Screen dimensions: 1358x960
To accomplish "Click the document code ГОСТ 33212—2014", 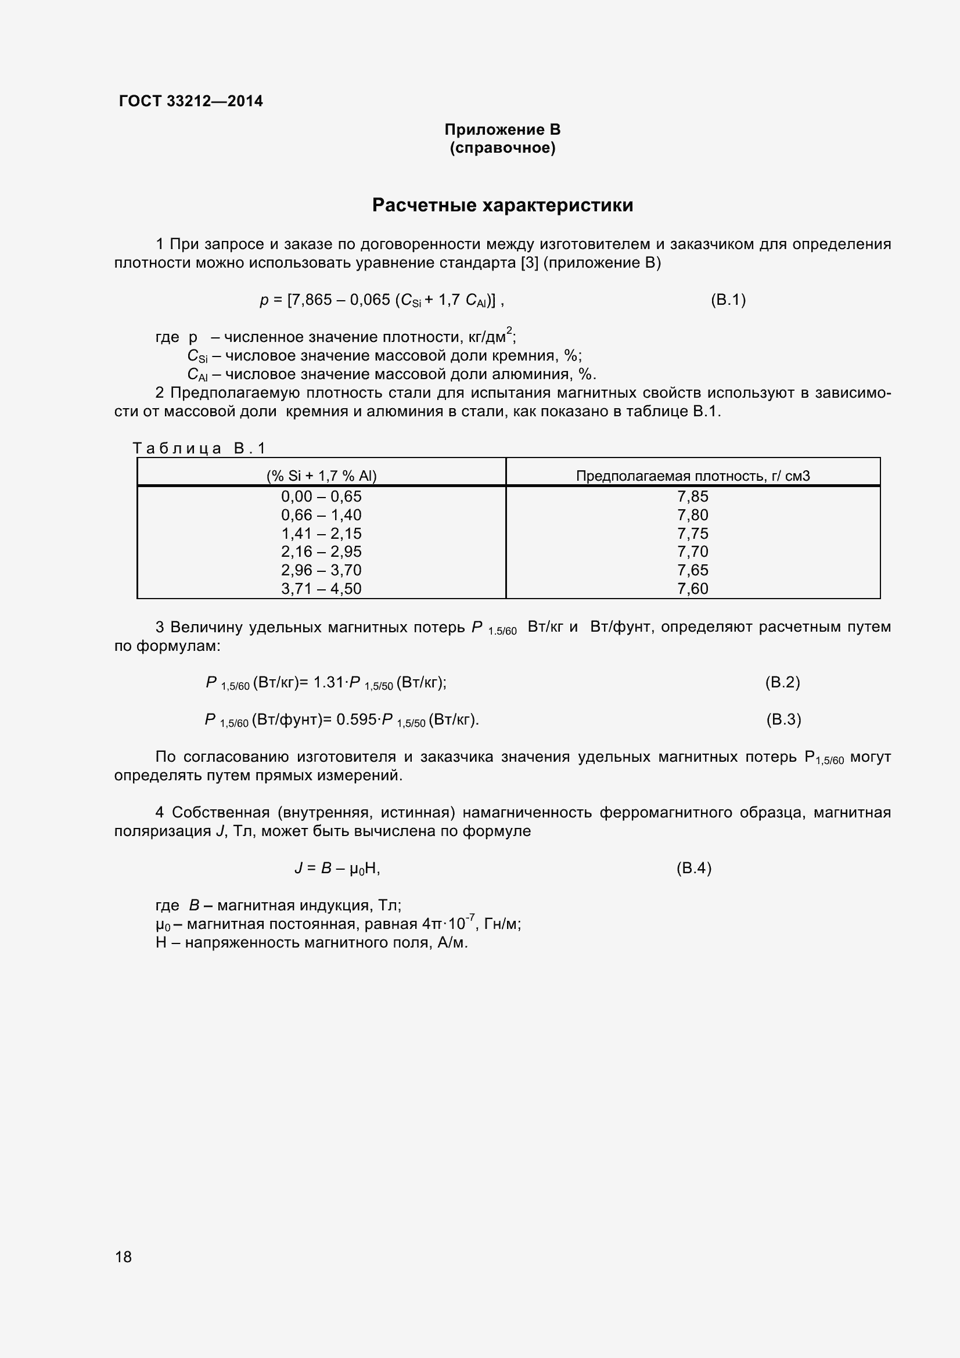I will point(190,101).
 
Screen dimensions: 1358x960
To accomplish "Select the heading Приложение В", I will point(502,129).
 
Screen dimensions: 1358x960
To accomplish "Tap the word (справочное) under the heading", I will point(502,148).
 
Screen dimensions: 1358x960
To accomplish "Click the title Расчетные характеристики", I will point(502,205).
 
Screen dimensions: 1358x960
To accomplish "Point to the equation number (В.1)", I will point(728,300).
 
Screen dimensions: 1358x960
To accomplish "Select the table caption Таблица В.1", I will point(199,448).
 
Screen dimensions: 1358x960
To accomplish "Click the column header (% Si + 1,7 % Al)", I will point(321,476).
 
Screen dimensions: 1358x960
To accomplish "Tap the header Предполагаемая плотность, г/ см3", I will point(693,476).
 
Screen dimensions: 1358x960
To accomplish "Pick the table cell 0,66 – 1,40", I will point(321,515).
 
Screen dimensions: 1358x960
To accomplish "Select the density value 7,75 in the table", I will point(693,534).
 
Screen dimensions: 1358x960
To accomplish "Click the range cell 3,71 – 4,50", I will point(321,589).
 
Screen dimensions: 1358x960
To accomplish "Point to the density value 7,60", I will point(693,589).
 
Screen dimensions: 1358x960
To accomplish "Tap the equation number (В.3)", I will point(783,720).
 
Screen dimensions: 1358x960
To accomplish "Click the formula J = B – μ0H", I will point(337,868).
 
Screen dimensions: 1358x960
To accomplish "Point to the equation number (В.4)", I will point(694,868).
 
